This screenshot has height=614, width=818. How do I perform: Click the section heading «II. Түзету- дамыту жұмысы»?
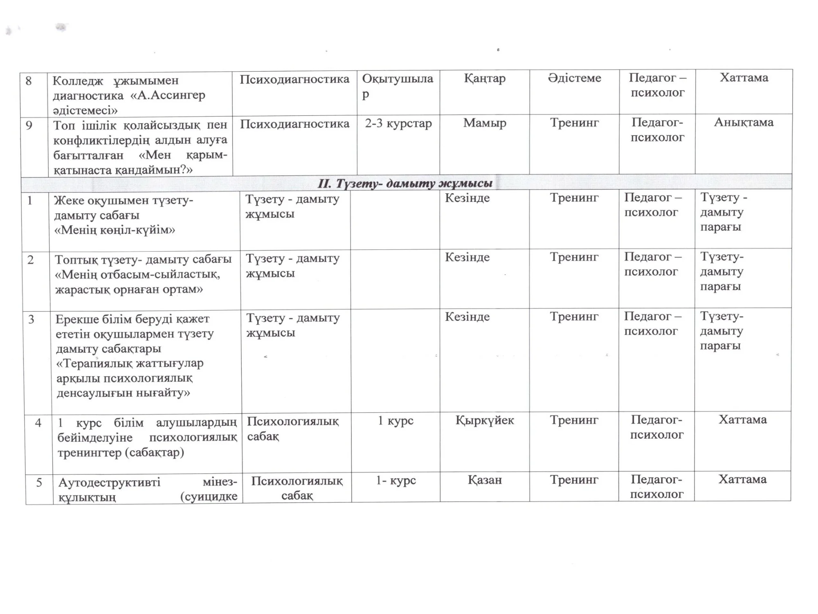[405, 184]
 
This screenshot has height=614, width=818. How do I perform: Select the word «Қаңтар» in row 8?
[485, 78]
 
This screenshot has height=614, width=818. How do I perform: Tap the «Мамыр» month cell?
[485, 123]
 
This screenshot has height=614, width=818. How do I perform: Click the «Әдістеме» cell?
[574, 78]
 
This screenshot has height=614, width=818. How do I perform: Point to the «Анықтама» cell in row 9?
[744, 122]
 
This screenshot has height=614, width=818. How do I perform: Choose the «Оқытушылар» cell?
[397, 86]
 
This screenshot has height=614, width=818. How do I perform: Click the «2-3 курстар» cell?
[398, 123]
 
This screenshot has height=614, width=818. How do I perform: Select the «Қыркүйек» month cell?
[485, 420]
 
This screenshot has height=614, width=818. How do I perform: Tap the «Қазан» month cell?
[485, 480]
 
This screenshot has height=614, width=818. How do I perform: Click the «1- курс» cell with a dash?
[396, 480]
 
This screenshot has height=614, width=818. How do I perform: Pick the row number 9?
[29, 125]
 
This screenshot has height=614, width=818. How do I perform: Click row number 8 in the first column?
[28, 81]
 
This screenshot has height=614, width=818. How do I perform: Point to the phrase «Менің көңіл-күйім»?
[115, 230]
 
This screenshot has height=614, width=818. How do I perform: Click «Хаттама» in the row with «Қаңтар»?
[744, 78]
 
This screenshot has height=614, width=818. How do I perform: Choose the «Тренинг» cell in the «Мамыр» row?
[574, 123]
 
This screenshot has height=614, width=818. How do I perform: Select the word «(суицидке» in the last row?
[209, 497]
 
